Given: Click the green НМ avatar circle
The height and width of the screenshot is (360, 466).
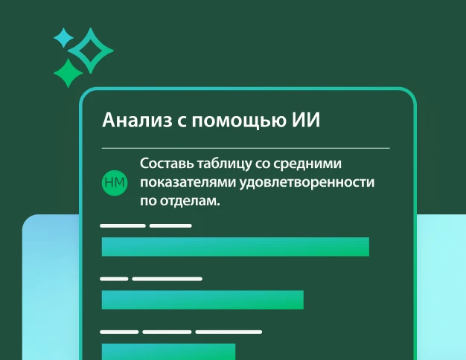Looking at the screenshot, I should pos(114,182).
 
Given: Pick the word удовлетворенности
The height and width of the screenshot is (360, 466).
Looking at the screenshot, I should pos(305,182).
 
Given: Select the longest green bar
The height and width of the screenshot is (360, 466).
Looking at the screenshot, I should pos(235,247).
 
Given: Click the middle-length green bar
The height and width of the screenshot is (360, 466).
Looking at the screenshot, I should pos(202,300).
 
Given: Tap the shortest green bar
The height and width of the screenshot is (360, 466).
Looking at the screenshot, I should pos(168,351).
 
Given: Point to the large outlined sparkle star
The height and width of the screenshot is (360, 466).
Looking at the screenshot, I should pos(91,51).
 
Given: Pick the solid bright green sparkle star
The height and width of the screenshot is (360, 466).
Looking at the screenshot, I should pos(68,73).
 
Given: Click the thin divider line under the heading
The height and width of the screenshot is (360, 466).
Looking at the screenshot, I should pos(245,148).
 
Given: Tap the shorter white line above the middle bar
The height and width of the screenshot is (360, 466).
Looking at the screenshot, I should pos(114,279).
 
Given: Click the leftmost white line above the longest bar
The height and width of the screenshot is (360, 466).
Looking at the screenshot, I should pos(123,225).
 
